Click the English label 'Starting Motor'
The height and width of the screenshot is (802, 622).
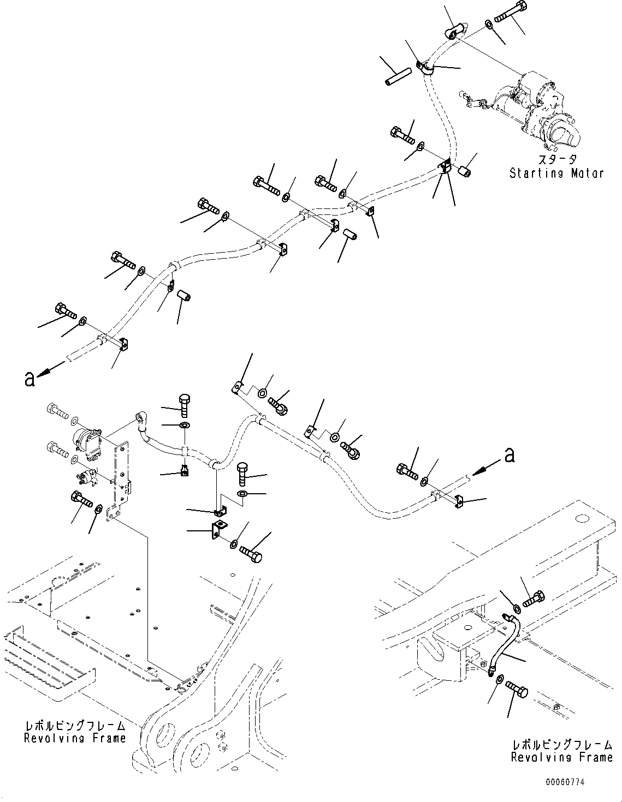coord(556,173)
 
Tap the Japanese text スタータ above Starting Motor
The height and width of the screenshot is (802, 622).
coord(556,160)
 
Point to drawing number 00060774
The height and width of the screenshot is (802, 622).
coord(565,782)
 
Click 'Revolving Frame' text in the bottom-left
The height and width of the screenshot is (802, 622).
coord(75,738)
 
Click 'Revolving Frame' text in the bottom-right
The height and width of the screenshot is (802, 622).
coord(562,757)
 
